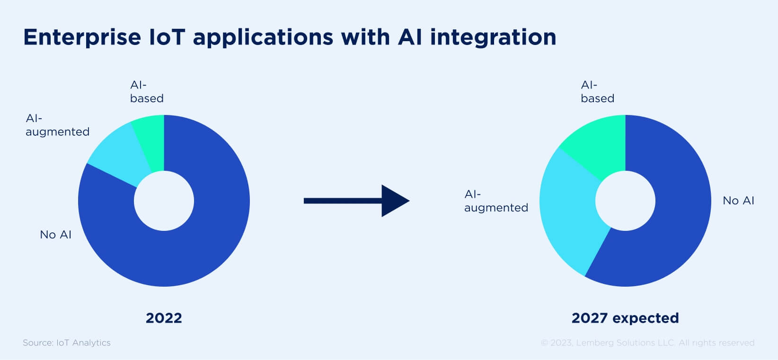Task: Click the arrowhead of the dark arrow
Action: [394, 201]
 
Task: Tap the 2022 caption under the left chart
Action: [164, 318]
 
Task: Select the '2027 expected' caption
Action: [625, 318]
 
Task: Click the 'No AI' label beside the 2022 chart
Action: [56, 235]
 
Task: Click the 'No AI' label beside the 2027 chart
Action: [738, 201]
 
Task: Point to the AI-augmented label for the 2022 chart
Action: [57, 125]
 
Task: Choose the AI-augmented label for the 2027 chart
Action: [496, 201]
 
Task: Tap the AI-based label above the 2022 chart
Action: [147, 92]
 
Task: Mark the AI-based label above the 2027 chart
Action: [597, 92]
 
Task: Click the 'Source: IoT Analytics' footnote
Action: [67, 342]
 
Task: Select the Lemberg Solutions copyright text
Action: [647, 342]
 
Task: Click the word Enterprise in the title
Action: [82, 37]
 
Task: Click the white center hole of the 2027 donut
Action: [625, 201]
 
